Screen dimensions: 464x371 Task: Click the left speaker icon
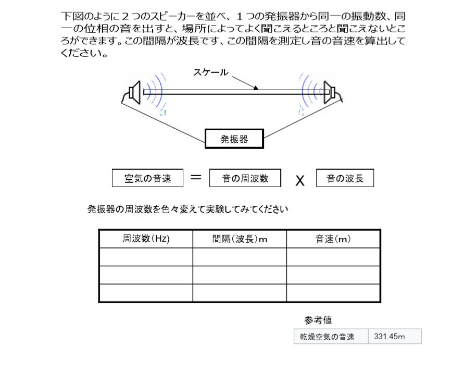pos(135,92)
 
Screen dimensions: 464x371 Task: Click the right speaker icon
pos(329,92)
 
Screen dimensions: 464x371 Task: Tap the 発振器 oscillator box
pos(234,139)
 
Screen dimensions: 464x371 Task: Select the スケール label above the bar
pos(211,72)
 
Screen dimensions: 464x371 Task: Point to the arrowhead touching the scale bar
pos(256,88)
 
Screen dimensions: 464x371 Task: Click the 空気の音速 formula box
pos(147,178)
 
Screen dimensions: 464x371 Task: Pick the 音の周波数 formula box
pos(245,178)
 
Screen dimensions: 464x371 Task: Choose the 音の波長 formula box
pos(345,178)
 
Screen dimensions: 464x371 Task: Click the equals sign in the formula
pos(196,177)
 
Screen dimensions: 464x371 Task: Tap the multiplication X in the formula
pos(300,180)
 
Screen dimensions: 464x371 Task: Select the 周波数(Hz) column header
pos(146,239)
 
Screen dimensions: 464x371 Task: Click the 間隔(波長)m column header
pos(240,239)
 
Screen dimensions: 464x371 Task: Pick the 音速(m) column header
pos(333,239)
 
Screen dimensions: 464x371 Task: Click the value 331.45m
pos(389,337)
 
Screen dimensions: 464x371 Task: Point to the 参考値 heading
pos(318,320)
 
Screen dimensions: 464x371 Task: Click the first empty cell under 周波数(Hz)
pos(146,257)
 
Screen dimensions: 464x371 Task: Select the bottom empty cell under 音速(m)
pos(333,293)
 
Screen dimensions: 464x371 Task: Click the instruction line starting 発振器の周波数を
pos(187,209)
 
